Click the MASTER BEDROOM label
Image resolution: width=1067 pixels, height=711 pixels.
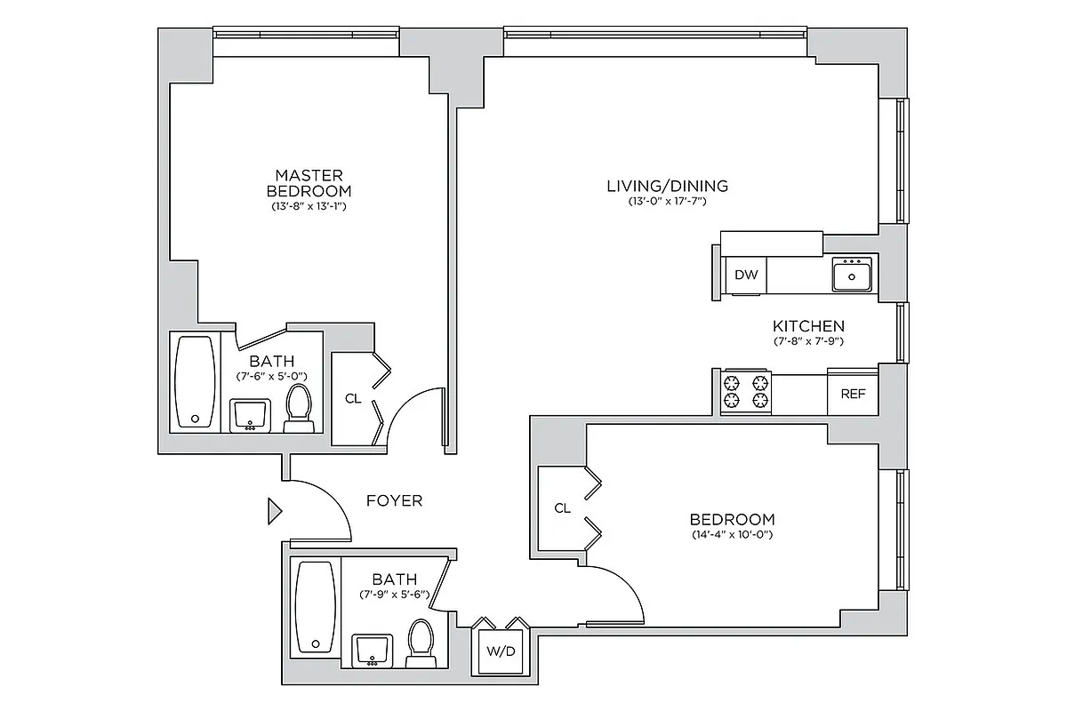click(x=309, y=183)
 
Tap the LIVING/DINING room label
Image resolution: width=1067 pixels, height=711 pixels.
click(x=667, y=186)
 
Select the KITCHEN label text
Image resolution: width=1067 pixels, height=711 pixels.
click(x=807, y=326)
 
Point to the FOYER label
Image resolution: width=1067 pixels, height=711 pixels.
click(x=394, y=500)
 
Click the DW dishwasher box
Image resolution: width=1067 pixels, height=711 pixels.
click(x=746, y=275)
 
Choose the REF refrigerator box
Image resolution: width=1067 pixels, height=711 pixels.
click(x=852, y=394)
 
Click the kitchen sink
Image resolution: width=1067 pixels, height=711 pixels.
click(x=853, y=276)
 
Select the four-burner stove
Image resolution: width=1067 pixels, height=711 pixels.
click(x=745, y=392)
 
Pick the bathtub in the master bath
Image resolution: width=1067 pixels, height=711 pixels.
click(x=194, y=382)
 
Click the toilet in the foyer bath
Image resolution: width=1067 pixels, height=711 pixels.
click(x=420, y=643)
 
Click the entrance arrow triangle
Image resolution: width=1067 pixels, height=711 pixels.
click(x=275, y=511)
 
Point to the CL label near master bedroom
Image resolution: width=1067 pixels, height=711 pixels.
click(x=353, y=398)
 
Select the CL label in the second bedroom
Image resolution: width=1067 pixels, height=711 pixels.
click(x=562, y=508)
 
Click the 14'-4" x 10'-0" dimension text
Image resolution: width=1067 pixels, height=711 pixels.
click(x=732, y=535)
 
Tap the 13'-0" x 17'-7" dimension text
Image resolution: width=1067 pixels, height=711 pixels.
click(x=667, y=202)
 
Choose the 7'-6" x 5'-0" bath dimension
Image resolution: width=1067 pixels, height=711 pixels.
click(x=272, y=376)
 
